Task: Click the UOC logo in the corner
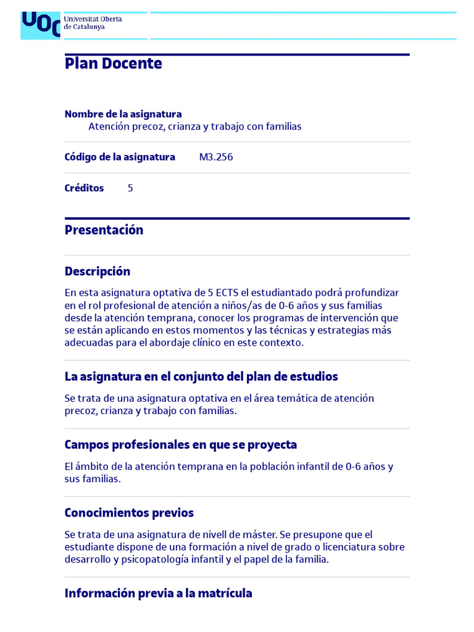(41, 25)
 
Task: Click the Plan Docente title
(114, 64)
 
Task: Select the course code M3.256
(216, 157)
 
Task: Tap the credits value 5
(130, 188)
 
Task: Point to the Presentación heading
(104, 230)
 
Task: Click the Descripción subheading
(98, 272)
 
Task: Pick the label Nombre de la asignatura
(123, 114)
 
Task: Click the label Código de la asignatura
(120, 157)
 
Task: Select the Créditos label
(84, 188)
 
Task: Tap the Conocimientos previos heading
(129, 513)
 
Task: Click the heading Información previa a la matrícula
(158, 594)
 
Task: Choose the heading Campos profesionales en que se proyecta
(181, 445)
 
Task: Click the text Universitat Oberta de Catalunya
(93, 23)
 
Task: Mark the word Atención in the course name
(109, 127)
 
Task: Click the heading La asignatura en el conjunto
(201, 376)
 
